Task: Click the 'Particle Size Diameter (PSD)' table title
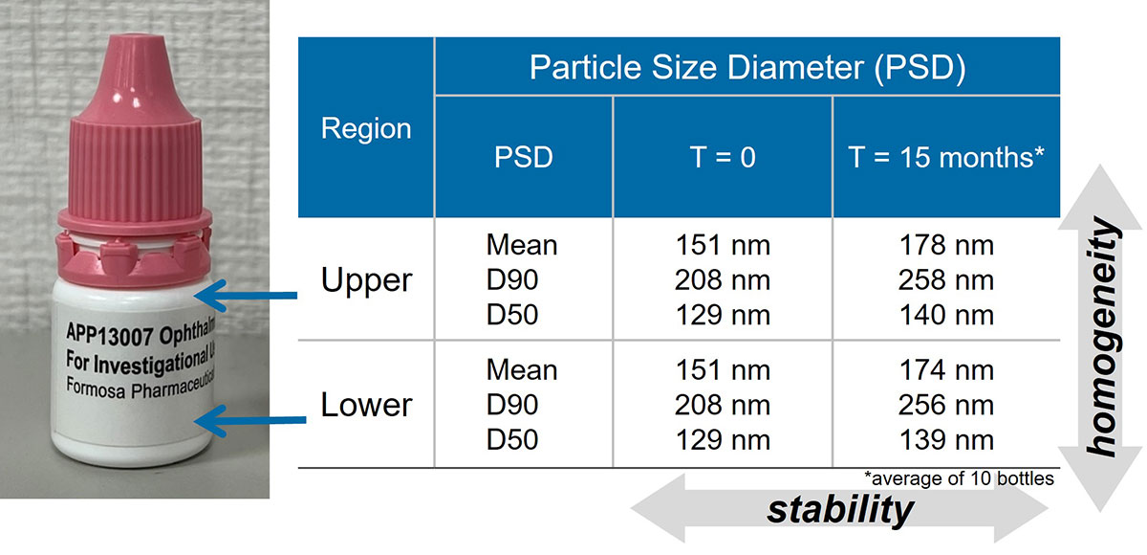click(747, 67)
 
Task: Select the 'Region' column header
click(366, 128)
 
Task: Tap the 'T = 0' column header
click(723, 157)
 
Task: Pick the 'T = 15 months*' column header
click(945, 157)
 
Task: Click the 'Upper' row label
click(366, 280)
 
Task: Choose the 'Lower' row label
click(366, 405)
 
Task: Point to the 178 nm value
click(946, 245)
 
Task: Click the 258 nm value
click(946, 279)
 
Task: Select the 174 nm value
click(946, 370)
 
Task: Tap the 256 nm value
click(946, 405)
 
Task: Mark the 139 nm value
click(946, 440)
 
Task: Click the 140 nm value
click(946, 315)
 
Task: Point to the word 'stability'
click(840, 510)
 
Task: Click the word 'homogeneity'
click(1102, 337)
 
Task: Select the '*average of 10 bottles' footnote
click(959, 478)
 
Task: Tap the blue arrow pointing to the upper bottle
click(246, 295)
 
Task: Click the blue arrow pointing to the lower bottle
click(250, 420)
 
